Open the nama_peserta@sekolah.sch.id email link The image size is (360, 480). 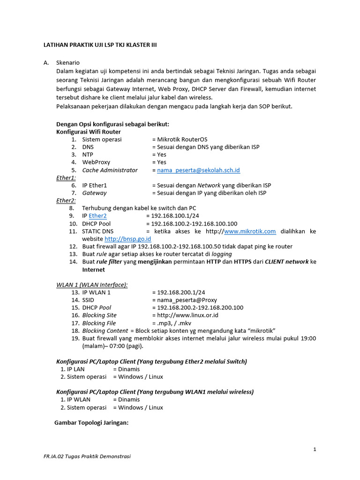click(198, 170)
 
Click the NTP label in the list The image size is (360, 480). click(88, 155)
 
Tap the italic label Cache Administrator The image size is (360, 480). click(110, 170)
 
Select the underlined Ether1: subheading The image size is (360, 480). click(66, 178)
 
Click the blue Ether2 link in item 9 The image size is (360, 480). click(97, 216)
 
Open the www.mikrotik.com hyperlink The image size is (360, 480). click(250, 231)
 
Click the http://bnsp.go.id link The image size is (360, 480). click(121, 239)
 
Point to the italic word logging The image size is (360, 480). click(222, 254)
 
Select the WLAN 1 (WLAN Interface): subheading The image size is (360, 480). click(92, 285)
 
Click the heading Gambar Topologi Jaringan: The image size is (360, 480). click(91, 422)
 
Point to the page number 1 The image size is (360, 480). click(315, 450)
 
